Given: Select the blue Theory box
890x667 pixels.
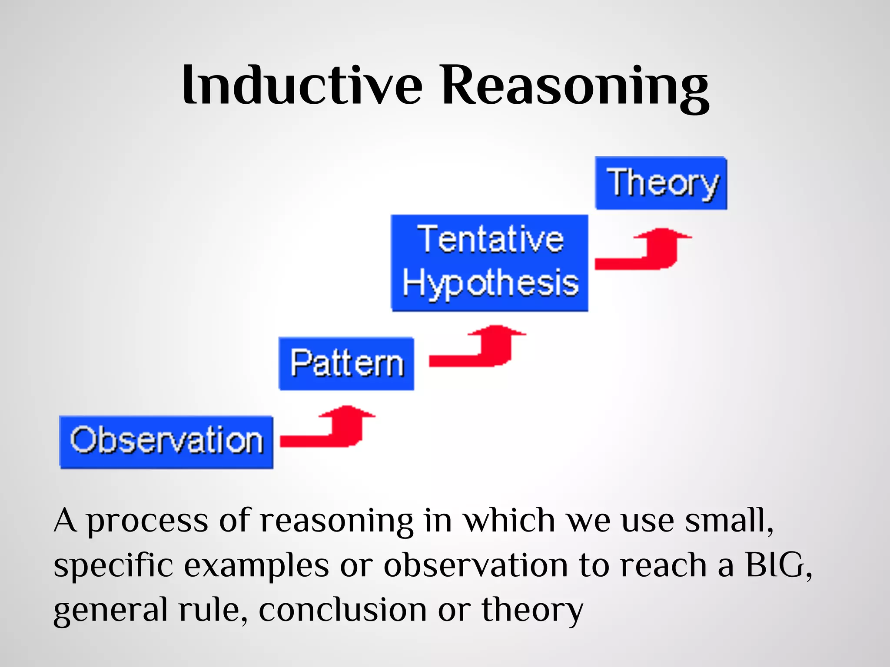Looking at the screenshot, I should tap(661, 183).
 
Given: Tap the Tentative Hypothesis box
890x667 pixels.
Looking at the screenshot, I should tap(489, 263).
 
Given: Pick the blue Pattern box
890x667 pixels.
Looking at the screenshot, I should tap(346, 363).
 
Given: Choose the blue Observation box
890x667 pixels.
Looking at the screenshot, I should tap(166, 442).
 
